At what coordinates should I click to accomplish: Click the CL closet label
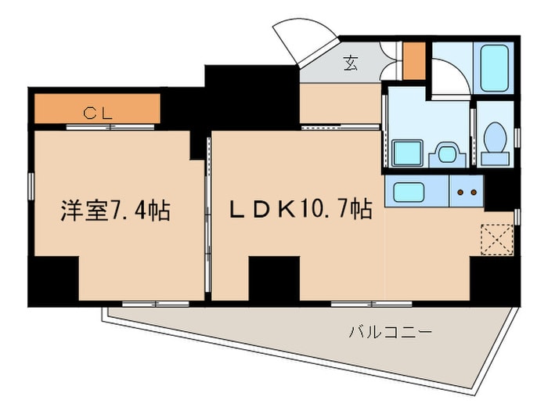98,113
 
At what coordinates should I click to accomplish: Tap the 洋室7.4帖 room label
116,211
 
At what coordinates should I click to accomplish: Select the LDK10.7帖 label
300,209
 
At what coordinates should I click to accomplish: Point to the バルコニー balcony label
391,332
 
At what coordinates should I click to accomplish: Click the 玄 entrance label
351,63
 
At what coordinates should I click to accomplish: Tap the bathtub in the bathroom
494,68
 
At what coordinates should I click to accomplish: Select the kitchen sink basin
409,192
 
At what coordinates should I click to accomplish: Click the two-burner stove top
467,192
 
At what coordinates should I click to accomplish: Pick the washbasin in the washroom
447,154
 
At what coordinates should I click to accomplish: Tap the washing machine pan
407,153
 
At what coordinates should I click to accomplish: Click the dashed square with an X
497,240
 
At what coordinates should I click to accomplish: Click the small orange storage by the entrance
414,61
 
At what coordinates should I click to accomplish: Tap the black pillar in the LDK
274,279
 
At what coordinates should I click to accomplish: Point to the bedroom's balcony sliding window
156,304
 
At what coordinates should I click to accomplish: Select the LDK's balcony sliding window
372,304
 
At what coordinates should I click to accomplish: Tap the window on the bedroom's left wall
31,186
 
